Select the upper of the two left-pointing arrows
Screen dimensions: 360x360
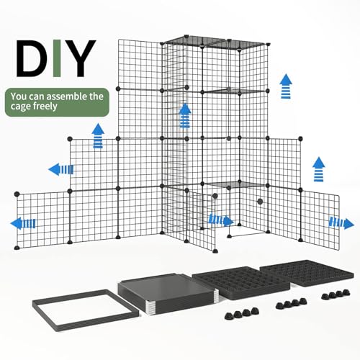coord(60,169)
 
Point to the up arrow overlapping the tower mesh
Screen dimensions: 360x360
coord(185,114)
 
